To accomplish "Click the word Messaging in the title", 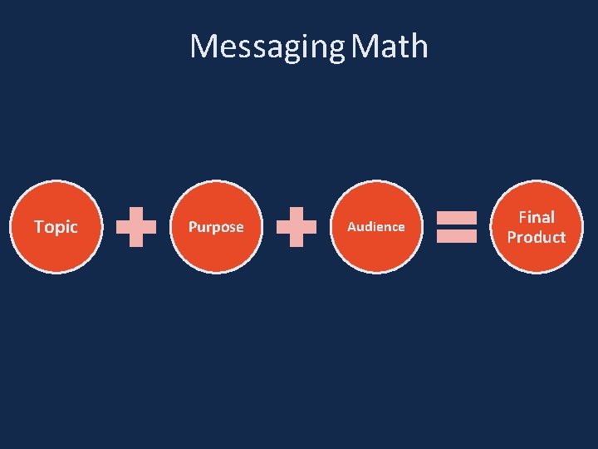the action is coord(266,47).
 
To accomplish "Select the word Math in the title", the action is coord(390,47).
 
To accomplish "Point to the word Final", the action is coord(537,217).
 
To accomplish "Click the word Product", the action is coord(537,237).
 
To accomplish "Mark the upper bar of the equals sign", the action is coord(456,218).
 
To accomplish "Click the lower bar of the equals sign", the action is coord(456,236).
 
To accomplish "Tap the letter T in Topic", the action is coord(38,226).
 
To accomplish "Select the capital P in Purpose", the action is coord(193,227).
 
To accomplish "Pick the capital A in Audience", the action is coord(351,226).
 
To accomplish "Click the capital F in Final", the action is coord(522,217).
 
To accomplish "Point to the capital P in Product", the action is coord(512,237).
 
